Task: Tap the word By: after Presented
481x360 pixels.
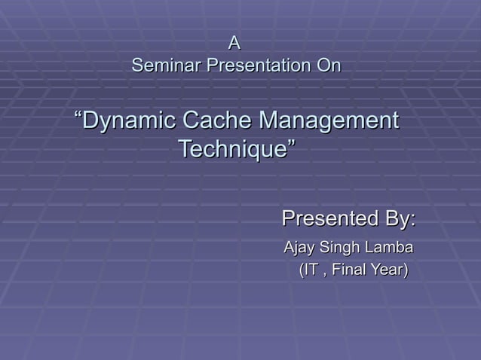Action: (398, 220)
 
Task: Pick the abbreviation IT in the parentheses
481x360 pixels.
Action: (311, 270)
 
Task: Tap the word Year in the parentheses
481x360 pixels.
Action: (389, 270)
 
